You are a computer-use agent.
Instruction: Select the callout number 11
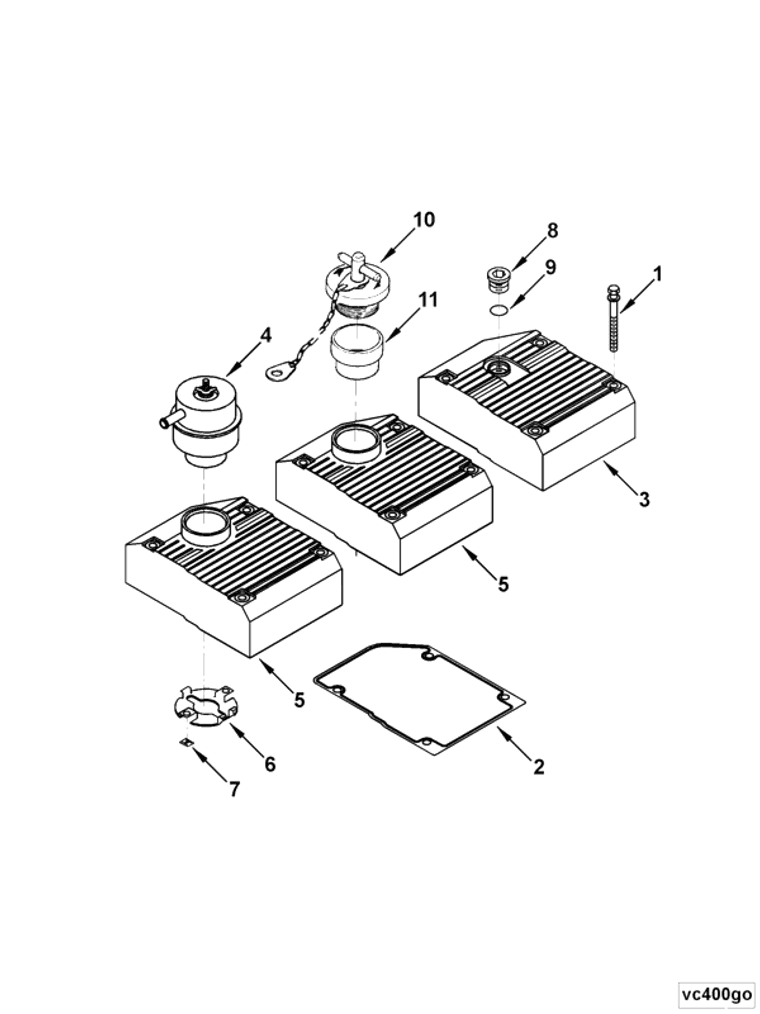pos(428,299)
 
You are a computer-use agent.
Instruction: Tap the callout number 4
pos(266,335)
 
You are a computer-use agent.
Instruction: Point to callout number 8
pos(552,230)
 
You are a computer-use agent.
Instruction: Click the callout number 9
pos(550,268)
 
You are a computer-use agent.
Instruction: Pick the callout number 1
pos(658,274)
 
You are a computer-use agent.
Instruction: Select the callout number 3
pos(644,499)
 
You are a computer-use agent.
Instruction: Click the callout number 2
pos(539,767)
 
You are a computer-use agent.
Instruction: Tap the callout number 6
pos(270,764)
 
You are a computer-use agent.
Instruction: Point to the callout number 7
pos(234,789)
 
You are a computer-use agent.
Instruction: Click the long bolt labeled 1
pos(613,318)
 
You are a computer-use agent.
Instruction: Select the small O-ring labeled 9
pos(499,311)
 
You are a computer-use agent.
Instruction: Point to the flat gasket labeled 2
pos(419,701)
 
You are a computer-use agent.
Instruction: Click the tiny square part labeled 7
pos(186,742)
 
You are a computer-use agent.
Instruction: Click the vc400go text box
pos(716,993)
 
